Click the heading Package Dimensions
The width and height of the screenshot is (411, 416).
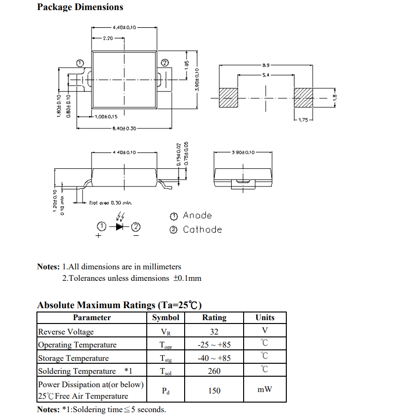point(80,7)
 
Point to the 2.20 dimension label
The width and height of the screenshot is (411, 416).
point(108,38)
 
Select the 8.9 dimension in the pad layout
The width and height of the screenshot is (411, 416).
point(266,65)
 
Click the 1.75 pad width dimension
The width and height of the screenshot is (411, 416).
point(304,120)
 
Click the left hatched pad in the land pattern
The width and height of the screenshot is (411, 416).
point(228,98)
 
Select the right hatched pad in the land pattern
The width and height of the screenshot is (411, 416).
point(303,98)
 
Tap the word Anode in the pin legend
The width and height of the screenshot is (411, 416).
point(197,216)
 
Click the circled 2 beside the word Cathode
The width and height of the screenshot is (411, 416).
point(174,230)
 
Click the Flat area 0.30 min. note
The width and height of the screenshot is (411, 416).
point(110,203)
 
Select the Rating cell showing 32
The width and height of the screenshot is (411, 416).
point(214,332)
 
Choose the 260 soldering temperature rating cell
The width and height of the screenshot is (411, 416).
point(214,371)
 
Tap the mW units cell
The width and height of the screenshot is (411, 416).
point(265,390)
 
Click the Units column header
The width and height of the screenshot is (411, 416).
point(265,318)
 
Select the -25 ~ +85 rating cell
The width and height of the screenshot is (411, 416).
point(214,345)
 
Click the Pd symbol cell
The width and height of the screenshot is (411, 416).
point(165,391)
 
